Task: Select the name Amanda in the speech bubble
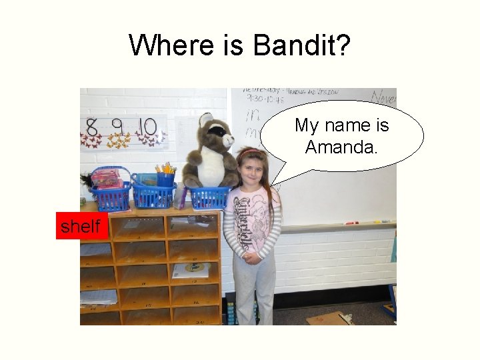[341, 146]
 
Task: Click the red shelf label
[80, 226]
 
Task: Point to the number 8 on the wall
[92, 127]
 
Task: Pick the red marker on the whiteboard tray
[351, 223]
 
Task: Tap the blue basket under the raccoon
[209, 197]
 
